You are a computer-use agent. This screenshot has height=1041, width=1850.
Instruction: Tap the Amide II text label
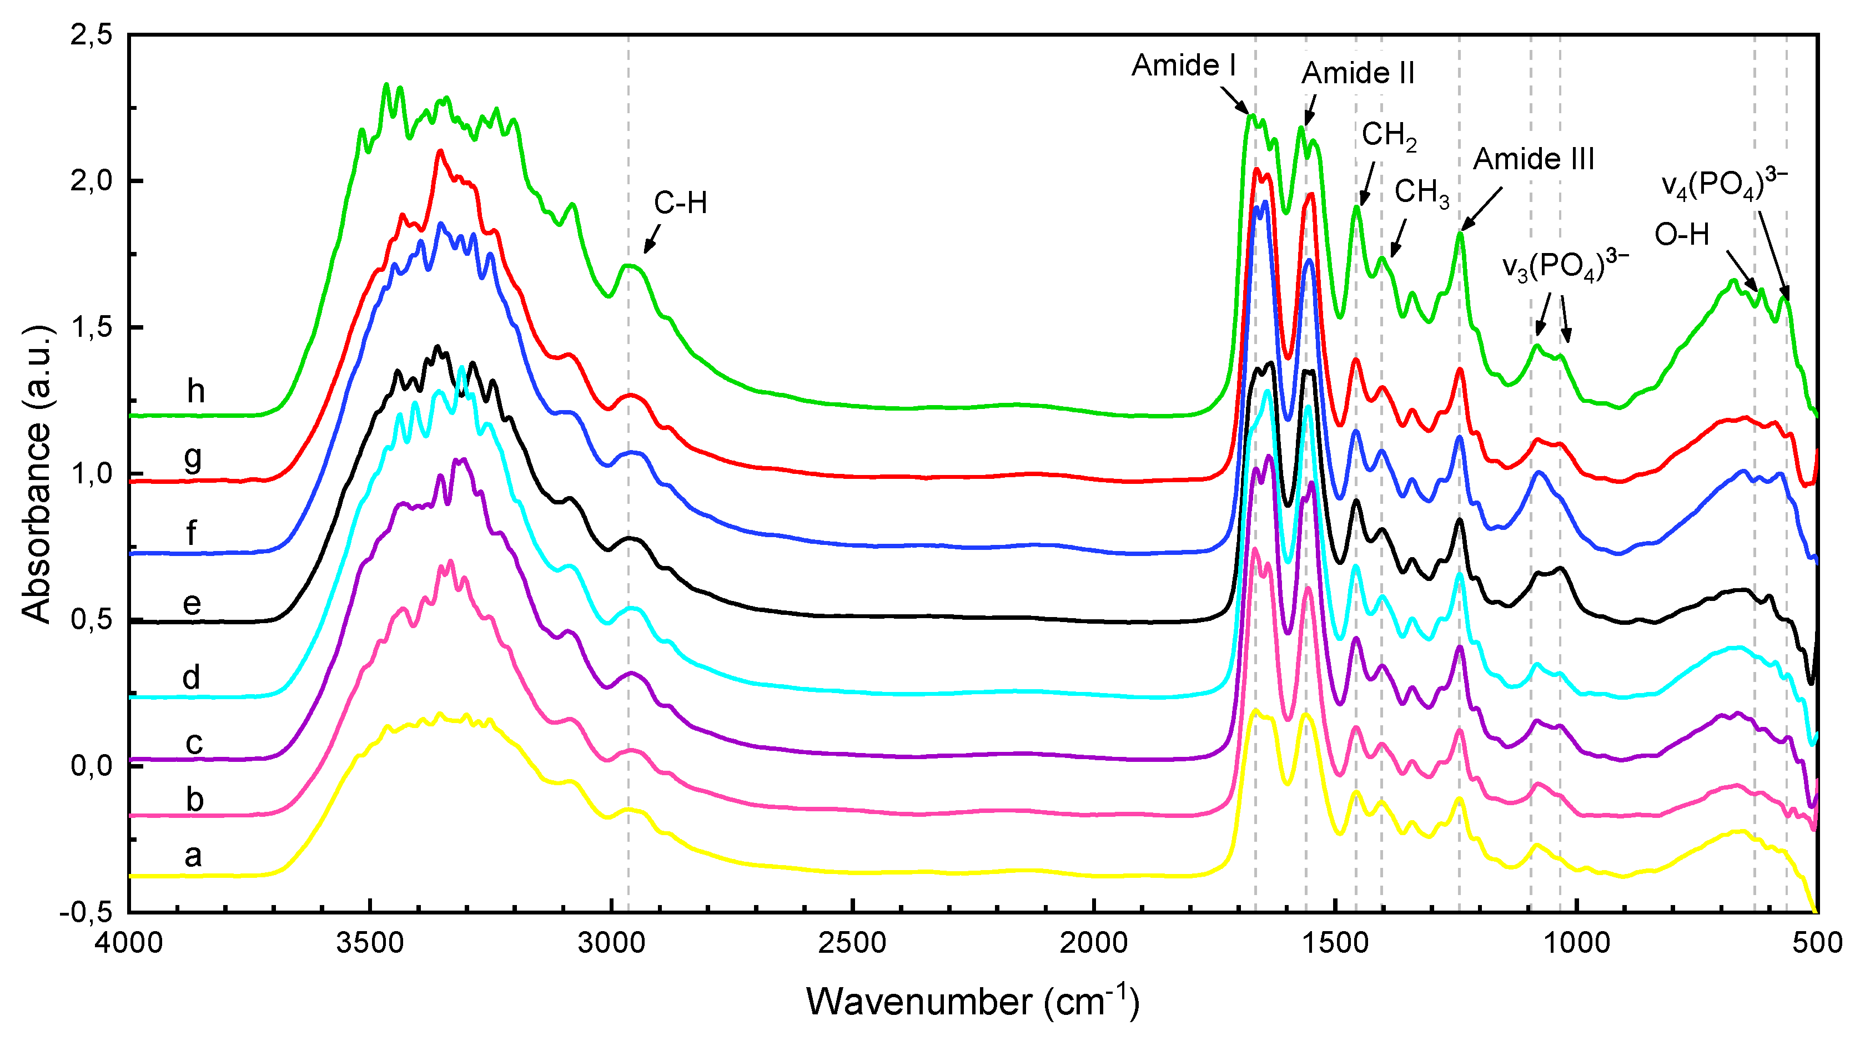tap(1358, 73)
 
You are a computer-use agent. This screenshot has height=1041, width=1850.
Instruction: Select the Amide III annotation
tap(1534, 159)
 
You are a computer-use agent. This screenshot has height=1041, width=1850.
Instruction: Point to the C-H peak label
tap(680, 203)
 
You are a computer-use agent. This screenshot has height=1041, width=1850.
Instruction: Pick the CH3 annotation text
tap(1421, 193)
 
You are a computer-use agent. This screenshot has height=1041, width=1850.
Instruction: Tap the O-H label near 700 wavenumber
tap(1681, 235)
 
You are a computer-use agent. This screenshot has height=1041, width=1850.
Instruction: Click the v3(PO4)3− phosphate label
tap(1564, 266)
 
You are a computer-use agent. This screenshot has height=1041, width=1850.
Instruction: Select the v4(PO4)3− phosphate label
tap(1723, 184)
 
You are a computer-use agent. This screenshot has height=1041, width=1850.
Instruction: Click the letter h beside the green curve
tap(195, 391)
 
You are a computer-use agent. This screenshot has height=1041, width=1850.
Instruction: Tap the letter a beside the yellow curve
tap(193, 855)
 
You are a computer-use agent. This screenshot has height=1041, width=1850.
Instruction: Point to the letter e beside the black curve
tap(191, 603)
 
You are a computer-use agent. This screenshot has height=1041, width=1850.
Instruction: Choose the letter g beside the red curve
tap(193, 458)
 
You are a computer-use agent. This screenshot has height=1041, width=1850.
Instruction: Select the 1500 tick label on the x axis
tap(1335, 942)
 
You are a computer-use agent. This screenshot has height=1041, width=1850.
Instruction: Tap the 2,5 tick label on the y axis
tap(91, 34)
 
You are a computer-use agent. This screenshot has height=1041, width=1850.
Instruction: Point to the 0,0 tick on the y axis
tap(91, 765)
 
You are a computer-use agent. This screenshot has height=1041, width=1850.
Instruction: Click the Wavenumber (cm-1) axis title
tap(972, 1001)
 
